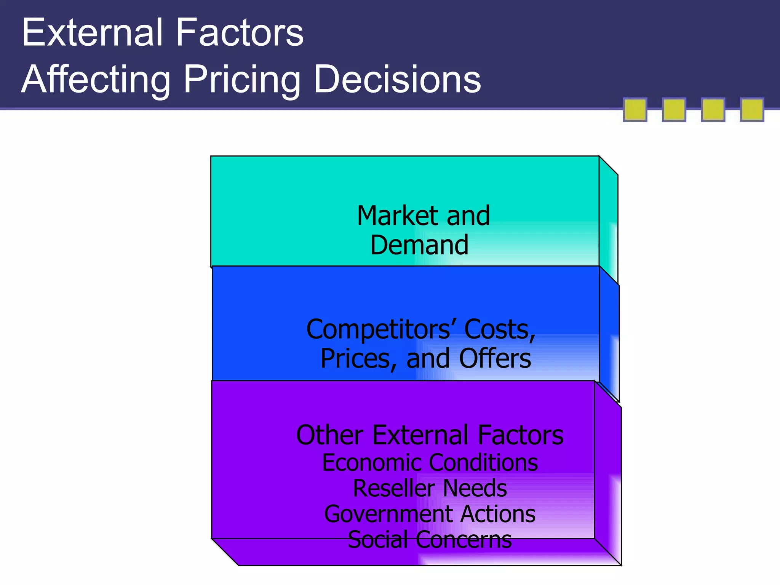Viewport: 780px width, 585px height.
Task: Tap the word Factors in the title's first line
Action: [240, 33]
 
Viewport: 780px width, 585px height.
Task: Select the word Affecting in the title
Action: [96, 79]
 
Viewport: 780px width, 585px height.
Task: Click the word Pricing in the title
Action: [241, 79]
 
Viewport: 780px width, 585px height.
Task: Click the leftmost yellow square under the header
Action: [635, 110]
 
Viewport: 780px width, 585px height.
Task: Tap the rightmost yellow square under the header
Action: [752, 110]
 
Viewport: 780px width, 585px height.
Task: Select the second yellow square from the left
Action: [674, 110]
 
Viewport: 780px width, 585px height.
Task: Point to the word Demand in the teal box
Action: [419, 245]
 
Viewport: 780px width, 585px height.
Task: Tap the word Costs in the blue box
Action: [499, 329]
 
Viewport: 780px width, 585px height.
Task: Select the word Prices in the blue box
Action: [358, 359]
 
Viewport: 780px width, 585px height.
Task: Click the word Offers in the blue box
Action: [495, 359]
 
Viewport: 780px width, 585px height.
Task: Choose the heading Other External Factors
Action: [430, 435]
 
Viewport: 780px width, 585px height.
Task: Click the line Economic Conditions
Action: [430, 463]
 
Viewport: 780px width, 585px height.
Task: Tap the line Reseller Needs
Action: [430, 489]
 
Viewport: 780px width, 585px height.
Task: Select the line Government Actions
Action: [430, 514]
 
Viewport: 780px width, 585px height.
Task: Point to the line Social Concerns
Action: [430, 540]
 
